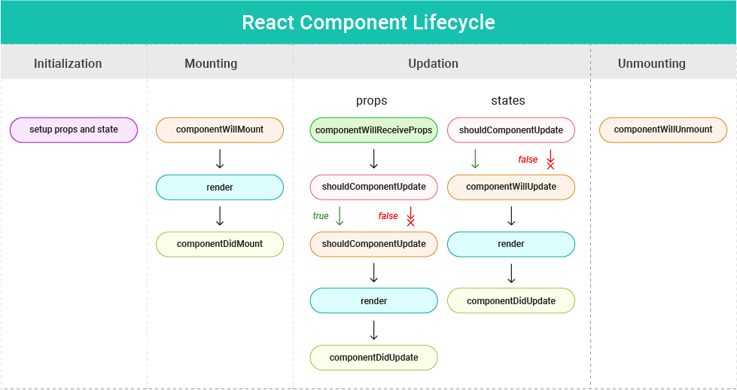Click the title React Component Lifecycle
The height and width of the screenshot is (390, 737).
click(x=368, y=22)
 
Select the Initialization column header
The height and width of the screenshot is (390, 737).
click(x=68, y=63)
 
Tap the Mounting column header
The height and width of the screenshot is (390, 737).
click(x=211, y=63)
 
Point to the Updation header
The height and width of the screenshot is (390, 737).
click(x=433, y=63)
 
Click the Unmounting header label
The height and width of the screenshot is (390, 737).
click(x=651, y=63)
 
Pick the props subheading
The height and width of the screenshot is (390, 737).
click(x=371, y=100)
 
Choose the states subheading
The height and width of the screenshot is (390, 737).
click(x=507, y=100)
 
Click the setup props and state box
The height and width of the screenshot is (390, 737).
click(x=74, y=129)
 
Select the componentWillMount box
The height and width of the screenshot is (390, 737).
click(x=220, y=129)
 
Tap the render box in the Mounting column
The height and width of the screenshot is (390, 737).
click(x=220, y=187)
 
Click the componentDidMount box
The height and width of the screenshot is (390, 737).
click(x=220, y=244)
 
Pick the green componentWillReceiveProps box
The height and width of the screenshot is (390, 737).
click(x=373, y=130)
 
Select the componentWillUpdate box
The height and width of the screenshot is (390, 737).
click(x=511, y=187)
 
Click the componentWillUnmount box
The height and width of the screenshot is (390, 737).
click(x=663, y=129)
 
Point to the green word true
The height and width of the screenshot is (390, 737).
click(x=321, y=216)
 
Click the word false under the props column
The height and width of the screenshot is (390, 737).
click(x=388, y=216)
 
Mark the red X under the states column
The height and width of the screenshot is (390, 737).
click(x=550, y=165)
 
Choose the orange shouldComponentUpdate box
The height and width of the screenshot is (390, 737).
click(x=373, y=244)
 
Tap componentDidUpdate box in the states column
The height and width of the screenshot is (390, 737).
click(x=511, y=301)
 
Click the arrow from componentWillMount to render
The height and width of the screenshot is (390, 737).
click(x=220, y=158)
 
